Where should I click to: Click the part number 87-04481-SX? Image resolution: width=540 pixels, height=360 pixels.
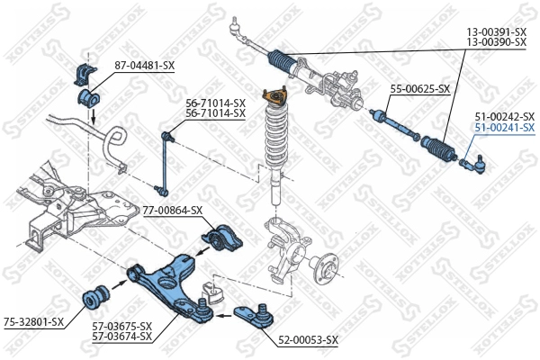[144, 66]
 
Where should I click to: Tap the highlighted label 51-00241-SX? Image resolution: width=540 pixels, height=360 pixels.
[505, 128]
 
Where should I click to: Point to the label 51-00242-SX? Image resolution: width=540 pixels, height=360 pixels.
[505, 117]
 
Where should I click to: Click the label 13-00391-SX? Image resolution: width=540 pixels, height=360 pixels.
[497, 31]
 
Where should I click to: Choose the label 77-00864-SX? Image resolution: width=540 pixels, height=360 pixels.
[174, 211]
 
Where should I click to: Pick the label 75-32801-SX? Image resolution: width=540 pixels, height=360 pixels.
[33, 321]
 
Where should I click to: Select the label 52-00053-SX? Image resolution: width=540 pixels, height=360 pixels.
[308, 339]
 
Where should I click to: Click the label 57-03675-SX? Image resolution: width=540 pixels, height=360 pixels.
[122, 326]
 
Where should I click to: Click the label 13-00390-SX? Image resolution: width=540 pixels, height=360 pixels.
[497, 42]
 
